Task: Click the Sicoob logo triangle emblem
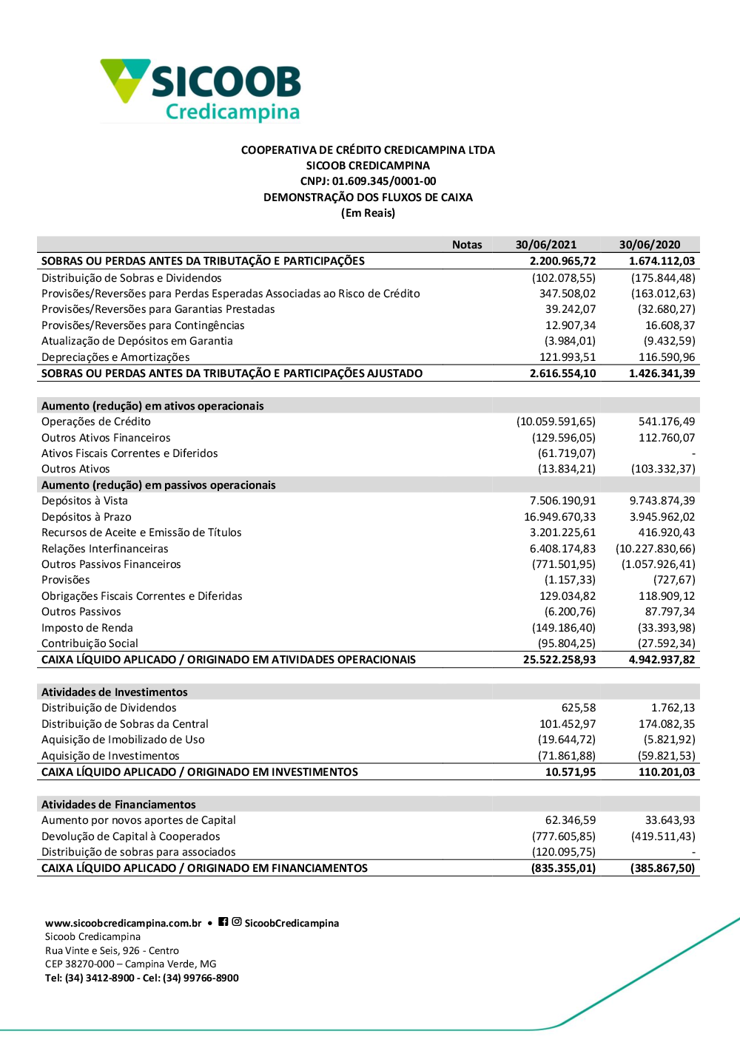tap(124, 79)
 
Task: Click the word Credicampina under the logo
tap(232, 112)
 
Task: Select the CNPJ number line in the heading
tap(368, 181)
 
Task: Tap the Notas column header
tap(467, 245)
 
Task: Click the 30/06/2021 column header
tap(546, 245)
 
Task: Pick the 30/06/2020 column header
tap(650, 245)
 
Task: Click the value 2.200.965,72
tap(562, 261)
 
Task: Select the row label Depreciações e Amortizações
tap(115, 357)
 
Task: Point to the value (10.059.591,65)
tap(556, 422)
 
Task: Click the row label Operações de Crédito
tap(96, 422)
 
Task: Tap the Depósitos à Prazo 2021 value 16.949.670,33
tap(559, 517)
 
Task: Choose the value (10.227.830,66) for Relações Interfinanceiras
tap(656, 549)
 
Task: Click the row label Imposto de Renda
tap(87, 628)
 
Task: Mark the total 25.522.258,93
tap(559, 660)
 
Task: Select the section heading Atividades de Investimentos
tap(115, 692)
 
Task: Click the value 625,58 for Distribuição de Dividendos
tap(578, 708)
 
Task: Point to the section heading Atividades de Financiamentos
tap(118, 805)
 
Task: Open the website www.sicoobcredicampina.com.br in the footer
tap(124, 923)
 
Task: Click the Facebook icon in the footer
tap(223, 922)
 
